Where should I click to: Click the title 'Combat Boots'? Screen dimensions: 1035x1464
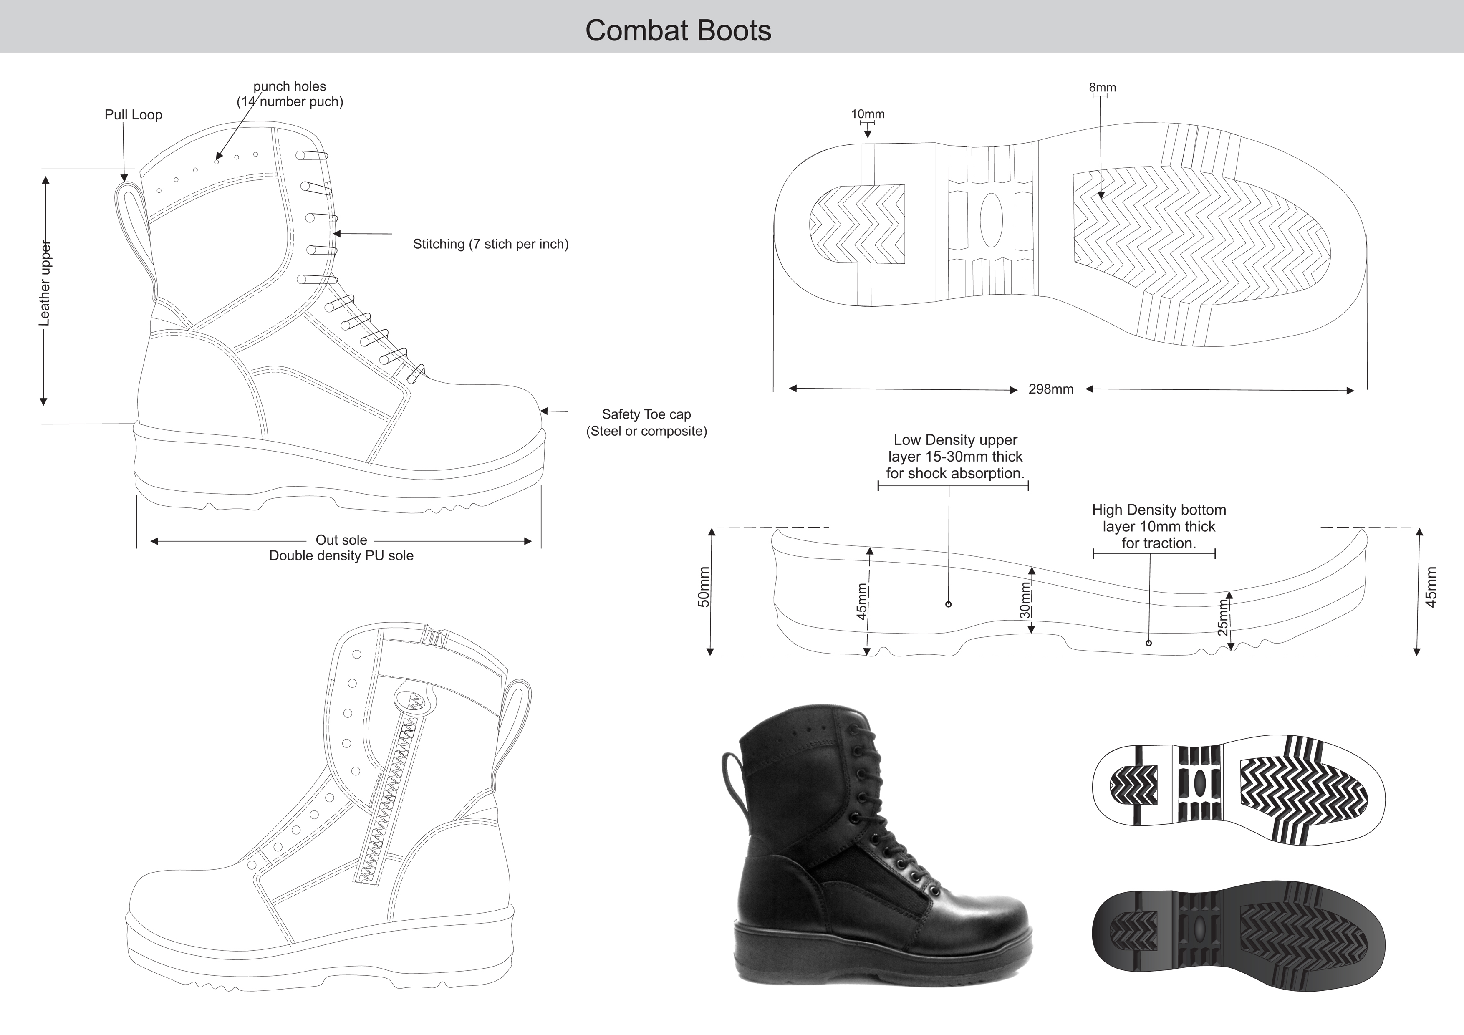coord(678,30)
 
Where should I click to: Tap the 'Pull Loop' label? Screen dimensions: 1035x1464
coord(133,115)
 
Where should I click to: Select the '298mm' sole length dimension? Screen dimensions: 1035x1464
coord(1051,389)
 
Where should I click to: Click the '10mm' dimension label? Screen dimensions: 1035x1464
coord(868,114)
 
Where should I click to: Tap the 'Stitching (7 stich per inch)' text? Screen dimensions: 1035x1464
coord(490,244)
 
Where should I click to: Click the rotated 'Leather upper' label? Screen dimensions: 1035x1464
coord(45,283)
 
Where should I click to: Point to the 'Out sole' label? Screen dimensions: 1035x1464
coord(341,540)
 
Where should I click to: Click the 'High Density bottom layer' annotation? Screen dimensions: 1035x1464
coord(1159,527)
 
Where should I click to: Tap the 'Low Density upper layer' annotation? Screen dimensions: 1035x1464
coord(954,457)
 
